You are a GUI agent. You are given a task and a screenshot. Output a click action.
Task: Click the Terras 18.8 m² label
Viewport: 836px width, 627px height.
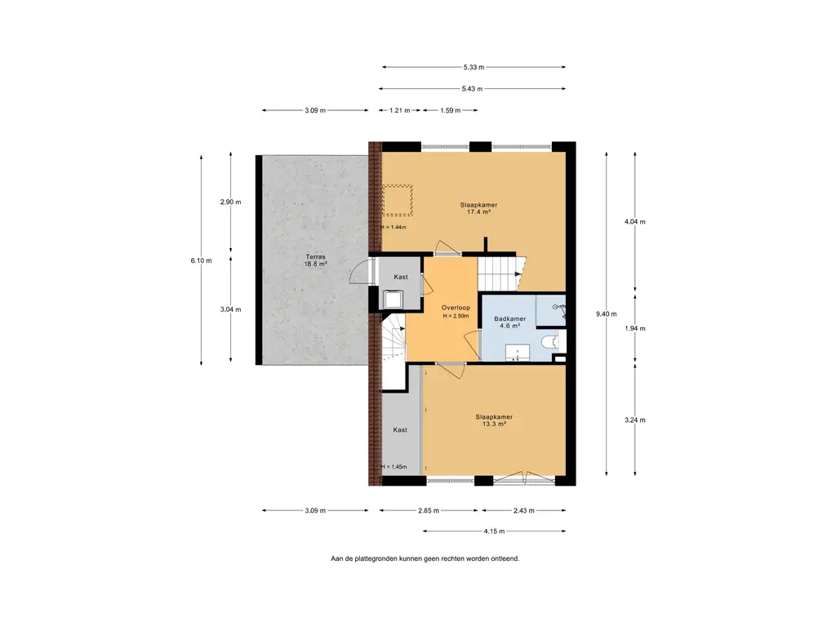click(x=315, y=260)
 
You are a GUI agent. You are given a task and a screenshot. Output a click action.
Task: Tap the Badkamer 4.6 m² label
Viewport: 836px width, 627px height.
click(x=509, y=322)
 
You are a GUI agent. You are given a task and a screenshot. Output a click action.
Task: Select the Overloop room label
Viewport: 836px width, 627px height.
click(x=456, y=308)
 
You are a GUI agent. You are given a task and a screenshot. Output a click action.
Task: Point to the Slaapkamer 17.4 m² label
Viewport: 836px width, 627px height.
click(x=478, y=208)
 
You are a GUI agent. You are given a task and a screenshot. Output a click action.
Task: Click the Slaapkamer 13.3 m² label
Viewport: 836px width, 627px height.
click(x=494, y=420)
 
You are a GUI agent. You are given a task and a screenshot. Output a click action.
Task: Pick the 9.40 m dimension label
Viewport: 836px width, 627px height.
click(x=607, y=314)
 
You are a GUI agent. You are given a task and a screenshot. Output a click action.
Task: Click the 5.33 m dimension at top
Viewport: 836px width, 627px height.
click(x=474, y=67)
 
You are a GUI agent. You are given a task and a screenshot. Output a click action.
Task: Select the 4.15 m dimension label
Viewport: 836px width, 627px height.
click(x=494, y=531)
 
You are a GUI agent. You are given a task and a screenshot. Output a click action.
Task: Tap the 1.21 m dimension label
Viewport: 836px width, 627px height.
click(x=400, y=110)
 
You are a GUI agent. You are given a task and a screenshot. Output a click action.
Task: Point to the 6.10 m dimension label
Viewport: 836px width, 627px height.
click(x=201, y=260)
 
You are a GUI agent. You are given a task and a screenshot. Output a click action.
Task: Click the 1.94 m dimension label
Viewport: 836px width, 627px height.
click(x=635, y=328)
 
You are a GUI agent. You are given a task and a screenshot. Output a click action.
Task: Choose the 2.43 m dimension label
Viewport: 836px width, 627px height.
click(x=523, y=511)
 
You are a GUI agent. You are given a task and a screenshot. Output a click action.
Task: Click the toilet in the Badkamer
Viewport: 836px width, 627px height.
click(x=550, y=342)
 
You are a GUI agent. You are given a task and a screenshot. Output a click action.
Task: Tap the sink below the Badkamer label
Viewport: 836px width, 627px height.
click(x=517, y=353)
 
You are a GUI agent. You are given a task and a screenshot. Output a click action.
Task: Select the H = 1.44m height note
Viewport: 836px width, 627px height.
click(x=394, y=227)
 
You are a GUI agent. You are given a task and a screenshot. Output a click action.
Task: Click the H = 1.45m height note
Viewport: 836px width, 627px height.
click(x=394, y=467)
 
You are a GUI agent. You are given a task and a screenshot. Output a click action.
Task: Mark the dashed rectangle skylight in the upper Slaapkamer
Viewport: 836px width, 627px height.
click(x=398, y=201)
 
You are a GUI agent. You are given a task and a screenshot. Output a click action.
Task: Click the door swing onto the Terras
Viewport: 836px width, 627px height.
click(x=361, y=271)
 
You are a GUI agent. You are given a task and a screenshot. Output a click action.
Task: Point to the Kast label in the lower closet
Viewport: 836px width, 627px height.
click(x=400, y=429)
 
